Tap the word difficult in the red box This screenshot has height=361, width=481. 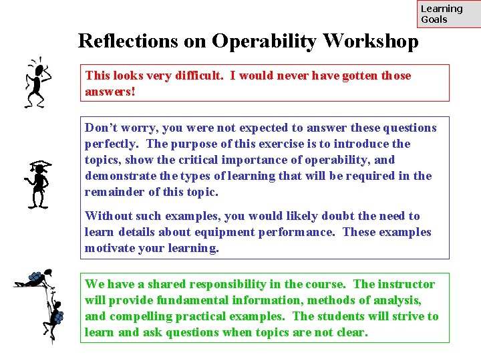click(196, 76)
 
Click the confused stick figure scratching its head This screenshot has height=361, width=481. click(36, 82)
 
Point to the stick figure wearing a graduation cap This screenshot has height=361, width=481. click(37, 183)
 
